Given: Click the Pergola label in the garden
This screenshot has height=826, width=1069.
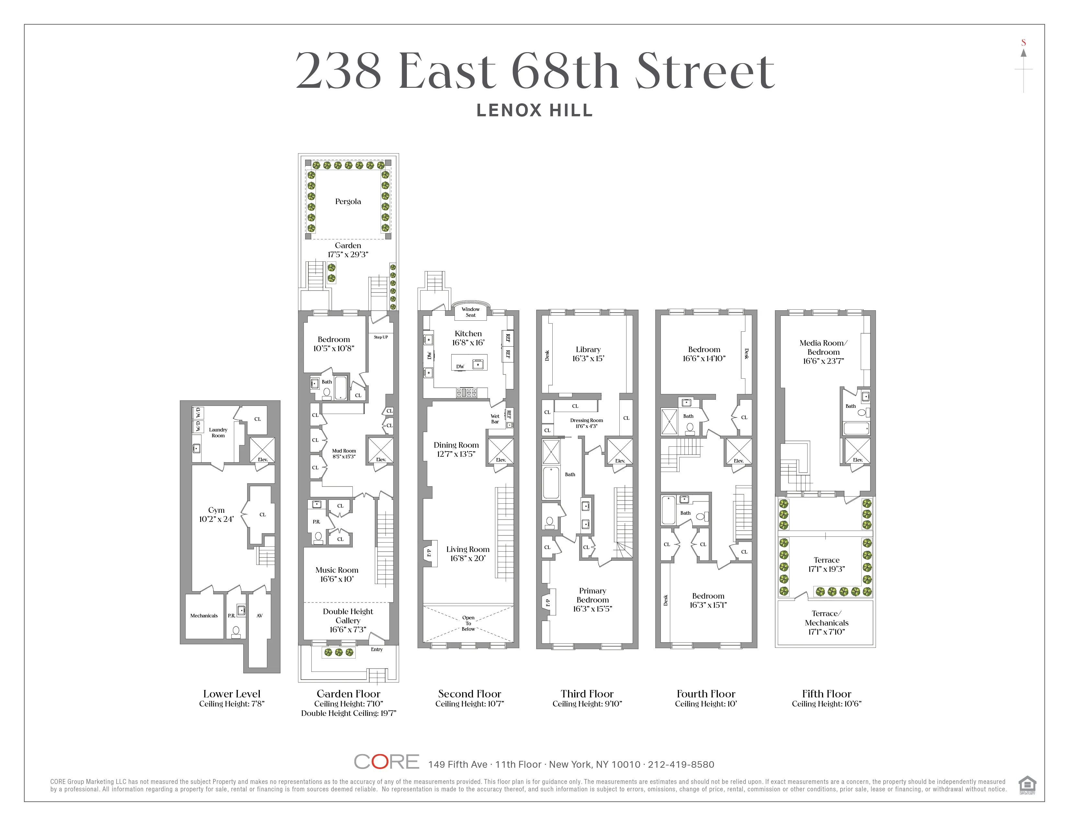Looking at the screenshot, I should tap(348, 201).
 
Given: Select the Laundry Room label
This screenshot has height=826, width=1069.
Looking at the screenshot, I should tap(218, 432).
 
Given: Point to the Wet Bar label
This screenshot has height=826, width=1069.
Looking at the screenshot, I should tap(495, 419).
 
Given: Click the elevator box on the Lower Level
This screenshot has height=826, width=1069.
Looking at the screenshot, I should tap(262, 450).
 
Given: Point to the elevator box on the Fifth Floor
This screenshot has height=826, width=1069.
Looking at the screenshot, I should tap(857, 451).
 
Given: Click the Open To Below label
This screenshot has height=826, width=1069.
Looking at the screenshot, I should tap(468, 624).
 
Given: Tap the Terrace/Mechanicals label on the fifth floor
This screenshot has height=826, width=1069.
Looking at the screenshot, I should tap(826, 623).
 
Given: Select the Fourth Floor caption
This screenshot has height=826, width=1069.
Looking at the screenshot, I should tap(706, 694).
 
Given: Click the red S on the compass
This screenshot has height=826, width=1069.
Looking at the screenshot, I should tap(1023, 42).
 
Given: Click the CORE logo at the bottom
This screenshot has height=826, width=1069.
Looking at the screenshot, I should tap(386, 762).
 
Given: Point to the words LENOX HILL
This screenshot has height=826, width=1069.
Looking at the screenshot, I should tap(534, 110).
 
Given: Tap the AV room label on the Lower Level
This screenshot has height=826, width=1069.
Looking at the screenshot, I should tap(259, 615).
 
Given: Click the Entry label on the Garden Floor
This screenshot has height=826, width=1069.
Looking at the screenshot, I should tap(376, 649).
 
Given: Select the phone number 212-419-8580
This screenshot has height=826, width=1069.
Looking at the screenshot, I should tap(681, 764).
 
